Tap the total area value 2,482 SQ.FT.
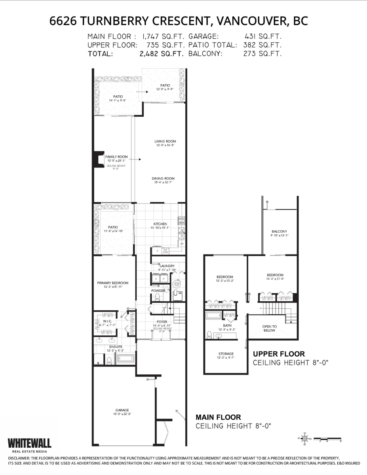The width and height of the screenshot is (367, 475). (162, 53)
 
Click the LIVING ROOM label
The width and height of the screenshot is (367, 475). (165, 141)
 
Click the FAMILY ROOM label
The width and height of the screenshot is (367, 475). (116, 157)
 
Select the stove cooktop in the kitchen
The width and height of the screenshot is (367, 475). (182, 220)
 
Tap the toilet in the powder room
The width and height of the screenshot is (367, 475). (157, 297)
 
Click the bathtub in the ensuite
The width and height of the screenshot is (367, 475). (125, 360)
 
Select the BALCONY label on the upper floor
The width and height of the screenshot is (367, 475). (279, 232)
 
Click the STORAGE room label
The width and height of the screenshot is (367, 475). (226, 354)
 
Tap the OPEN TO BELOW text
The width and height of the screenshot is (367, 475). (269, 328)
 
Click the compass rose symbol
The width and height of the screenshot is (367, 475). (304, 439)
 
